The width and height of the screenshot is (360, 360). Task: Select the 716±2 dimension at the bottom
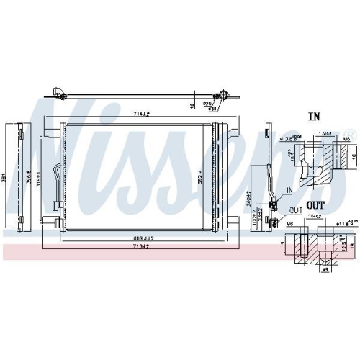(x=141, y=246)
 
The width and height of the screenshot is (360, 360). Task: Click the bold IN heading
(x=314, y=116)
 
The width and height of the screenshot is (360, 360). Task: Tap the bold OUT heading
(x=315, y=204)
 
